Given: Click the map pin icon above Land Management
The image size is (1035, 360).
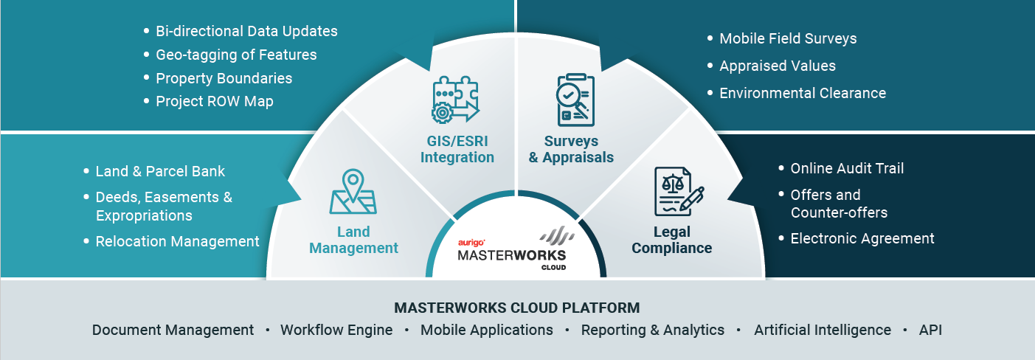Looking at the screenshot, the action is [353, 191].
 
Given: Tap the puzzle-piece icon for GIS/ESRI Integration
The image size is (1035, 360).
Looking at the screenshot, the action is [456, 100].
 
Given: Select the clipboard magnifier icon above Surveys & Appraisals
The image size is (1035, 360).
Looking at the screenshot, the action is [575, 100].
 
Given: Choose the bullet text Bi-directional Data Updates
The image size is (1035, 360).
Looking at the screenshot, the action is [246, 31].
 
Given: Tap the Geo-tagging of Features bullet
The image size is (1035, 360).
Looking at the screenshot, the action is [236, 55].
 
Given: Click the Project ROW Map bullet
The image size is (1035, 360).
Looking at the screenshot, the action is [215, 101].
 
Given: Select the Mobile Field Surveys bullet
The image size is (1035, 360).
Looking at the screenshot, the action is [788, 38].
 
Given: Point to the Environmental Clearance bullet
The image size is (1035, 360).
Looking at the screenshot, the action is [803, 93].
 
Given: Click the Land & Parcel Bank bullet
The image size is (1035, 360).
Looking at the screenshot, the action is [160, 171].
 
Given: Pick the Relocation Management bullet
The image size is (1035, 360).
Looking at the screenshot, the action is [178, 241].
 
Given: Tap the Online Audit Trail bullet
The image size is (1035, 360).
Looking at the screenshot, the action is [847, 168].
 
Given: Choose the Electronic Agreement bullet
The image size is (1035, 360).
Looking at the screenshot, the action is [862, 238].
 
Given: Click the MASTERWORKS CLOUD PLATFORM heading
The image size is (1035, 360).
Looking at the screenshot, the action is [516, 308].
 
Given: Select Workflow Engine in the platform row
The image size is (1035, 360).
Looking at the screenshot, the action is [336, 330].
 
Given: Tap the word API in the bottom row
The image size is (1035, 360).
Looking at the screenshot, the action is [930, 330].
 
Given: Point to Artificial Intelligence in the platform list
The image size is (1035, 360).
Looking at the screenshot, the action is [823, 330].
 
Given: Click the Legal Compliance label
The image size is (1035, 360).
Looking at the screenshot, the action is [671, 240].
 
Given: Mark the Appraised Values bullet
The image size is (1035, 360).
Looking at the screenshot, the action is [778, 66].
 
